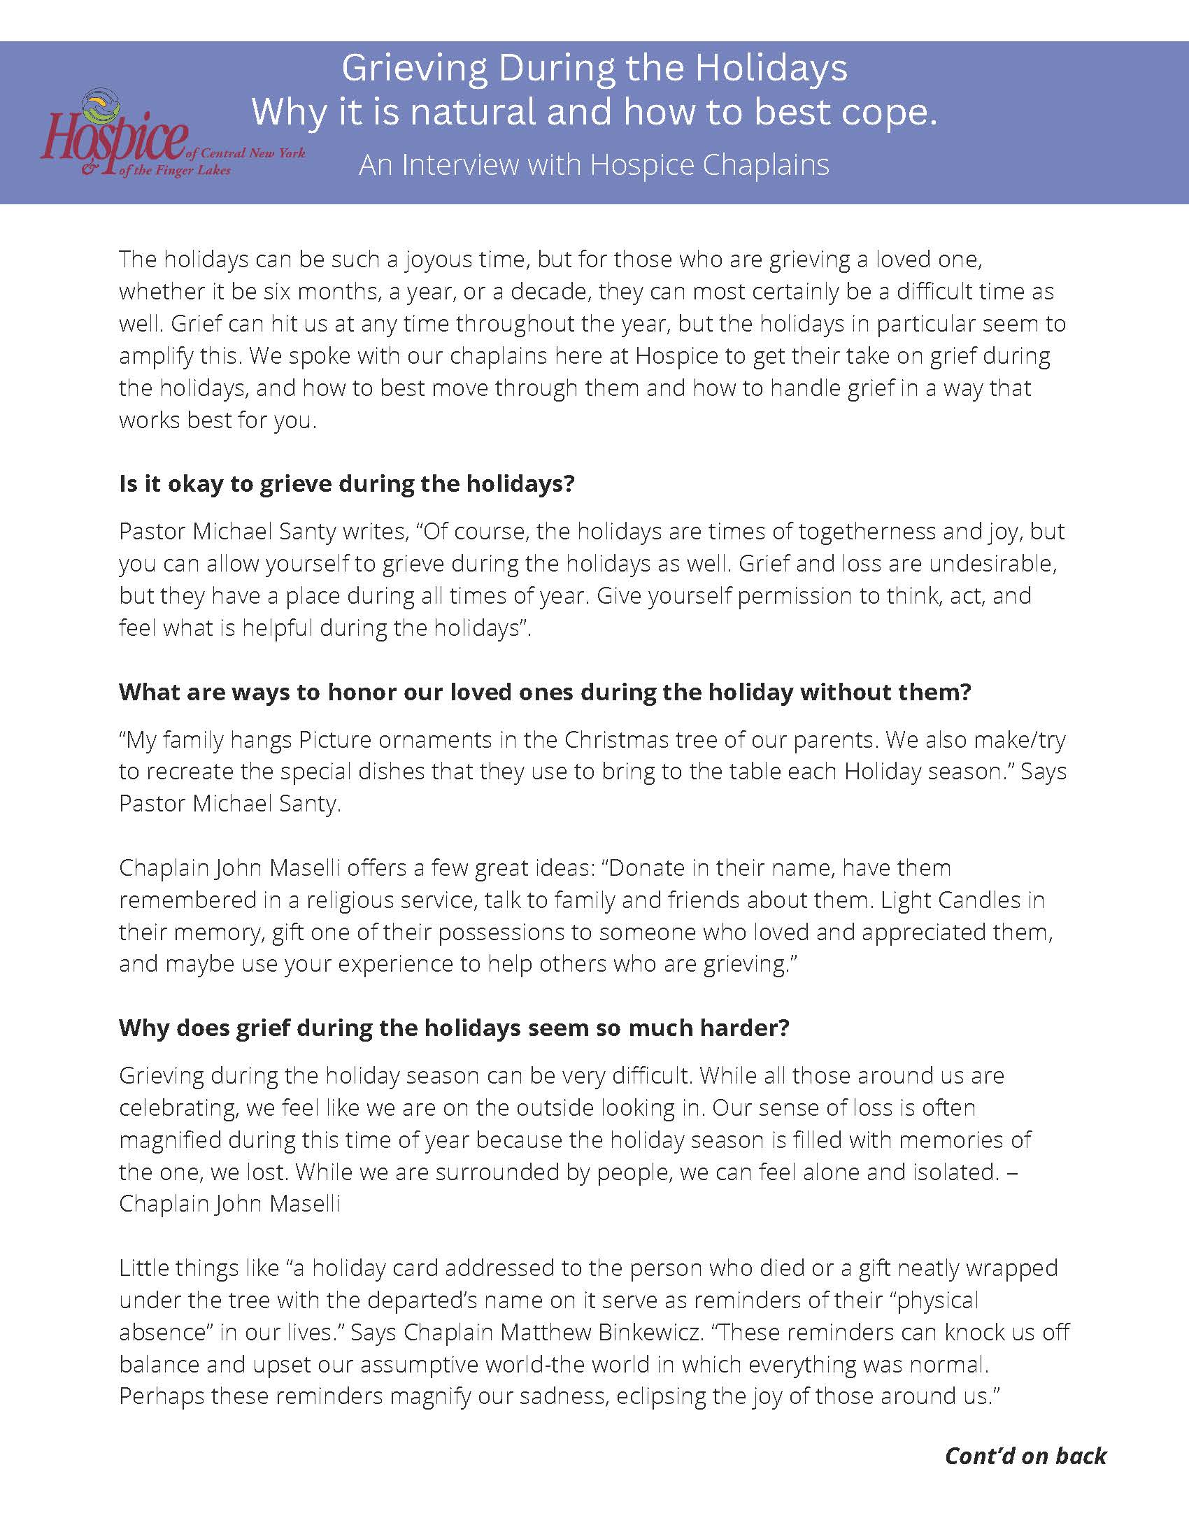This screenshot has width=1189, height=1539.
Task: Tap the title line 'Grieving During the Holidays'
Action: [x=594, y=69]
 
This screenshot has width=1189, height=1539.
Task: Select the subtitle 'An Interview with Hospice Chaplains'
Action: [x=594, y=165]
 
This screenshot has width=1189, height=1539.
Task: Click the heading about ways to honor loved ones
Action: [x=544, y=692]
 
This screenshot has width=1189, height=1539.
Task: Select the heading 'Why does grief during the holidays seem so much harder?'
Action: [x=454, y=1028]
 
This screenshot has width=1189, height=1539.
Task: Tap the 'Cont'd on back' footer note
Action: [x=1025, y=1456]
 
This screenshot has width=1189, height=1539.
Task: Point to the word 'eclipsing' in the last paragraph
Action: [x=662, y=1396]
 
